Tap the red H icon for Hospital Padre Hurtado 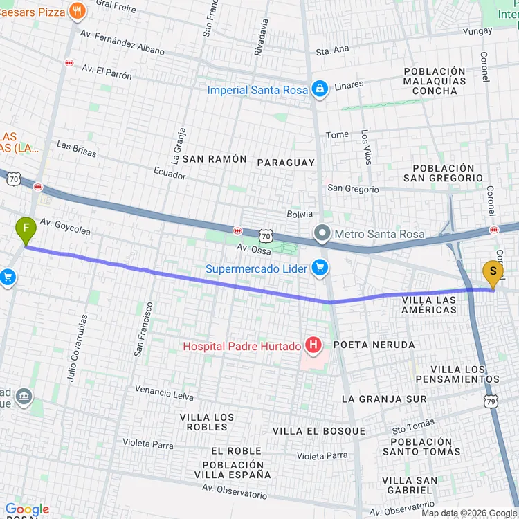(x=313, y=344)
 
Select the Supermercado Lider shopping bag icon (x=319, y=267)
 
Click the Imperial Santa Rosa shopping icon (x=319, y=89)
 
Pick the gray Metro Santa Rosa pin (x=322, y=233)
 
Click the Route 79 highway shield (x=491, y=401)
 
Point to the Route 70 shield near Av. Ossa (x=266, y=235)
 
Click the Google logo (x=27, y=509)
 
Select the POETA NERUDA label (x=374, y=345)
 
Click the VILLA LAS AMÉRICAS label (x=429, y=305)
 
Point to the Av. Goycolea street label (x=65, y=227)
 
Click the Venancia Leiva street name (x=164, y=392)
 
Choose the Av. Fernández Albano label (x=122, y=42)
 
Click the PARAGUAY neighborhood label (x=286, y=163)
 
